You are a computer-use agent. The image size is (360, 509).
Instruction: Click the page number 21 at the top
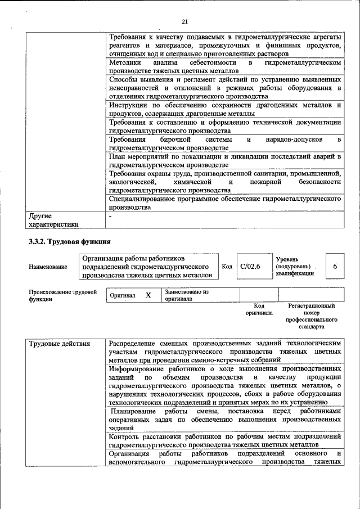[x=184, y=21]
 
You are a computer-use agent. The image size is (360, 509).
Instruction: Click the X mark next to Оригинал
[x=148, y=295]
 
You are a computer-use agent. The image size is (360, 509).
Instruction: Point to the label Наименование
[x=48, y=267]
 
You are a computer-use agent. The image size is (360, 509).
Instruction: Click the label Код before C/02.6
[x=227, y=267]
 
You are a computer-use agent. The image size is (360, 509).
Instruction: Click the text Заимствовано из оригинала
[x=187, y=295]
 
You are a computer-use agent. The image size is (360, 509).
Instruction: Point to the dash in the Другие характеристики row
[x=111, y=216]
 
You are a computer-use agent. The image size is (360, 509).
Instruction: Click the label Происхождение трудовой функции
[x=62, y=296]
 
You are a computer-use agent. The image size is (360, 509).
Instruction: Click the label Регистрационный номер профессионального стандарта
[x=311, y=316]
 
